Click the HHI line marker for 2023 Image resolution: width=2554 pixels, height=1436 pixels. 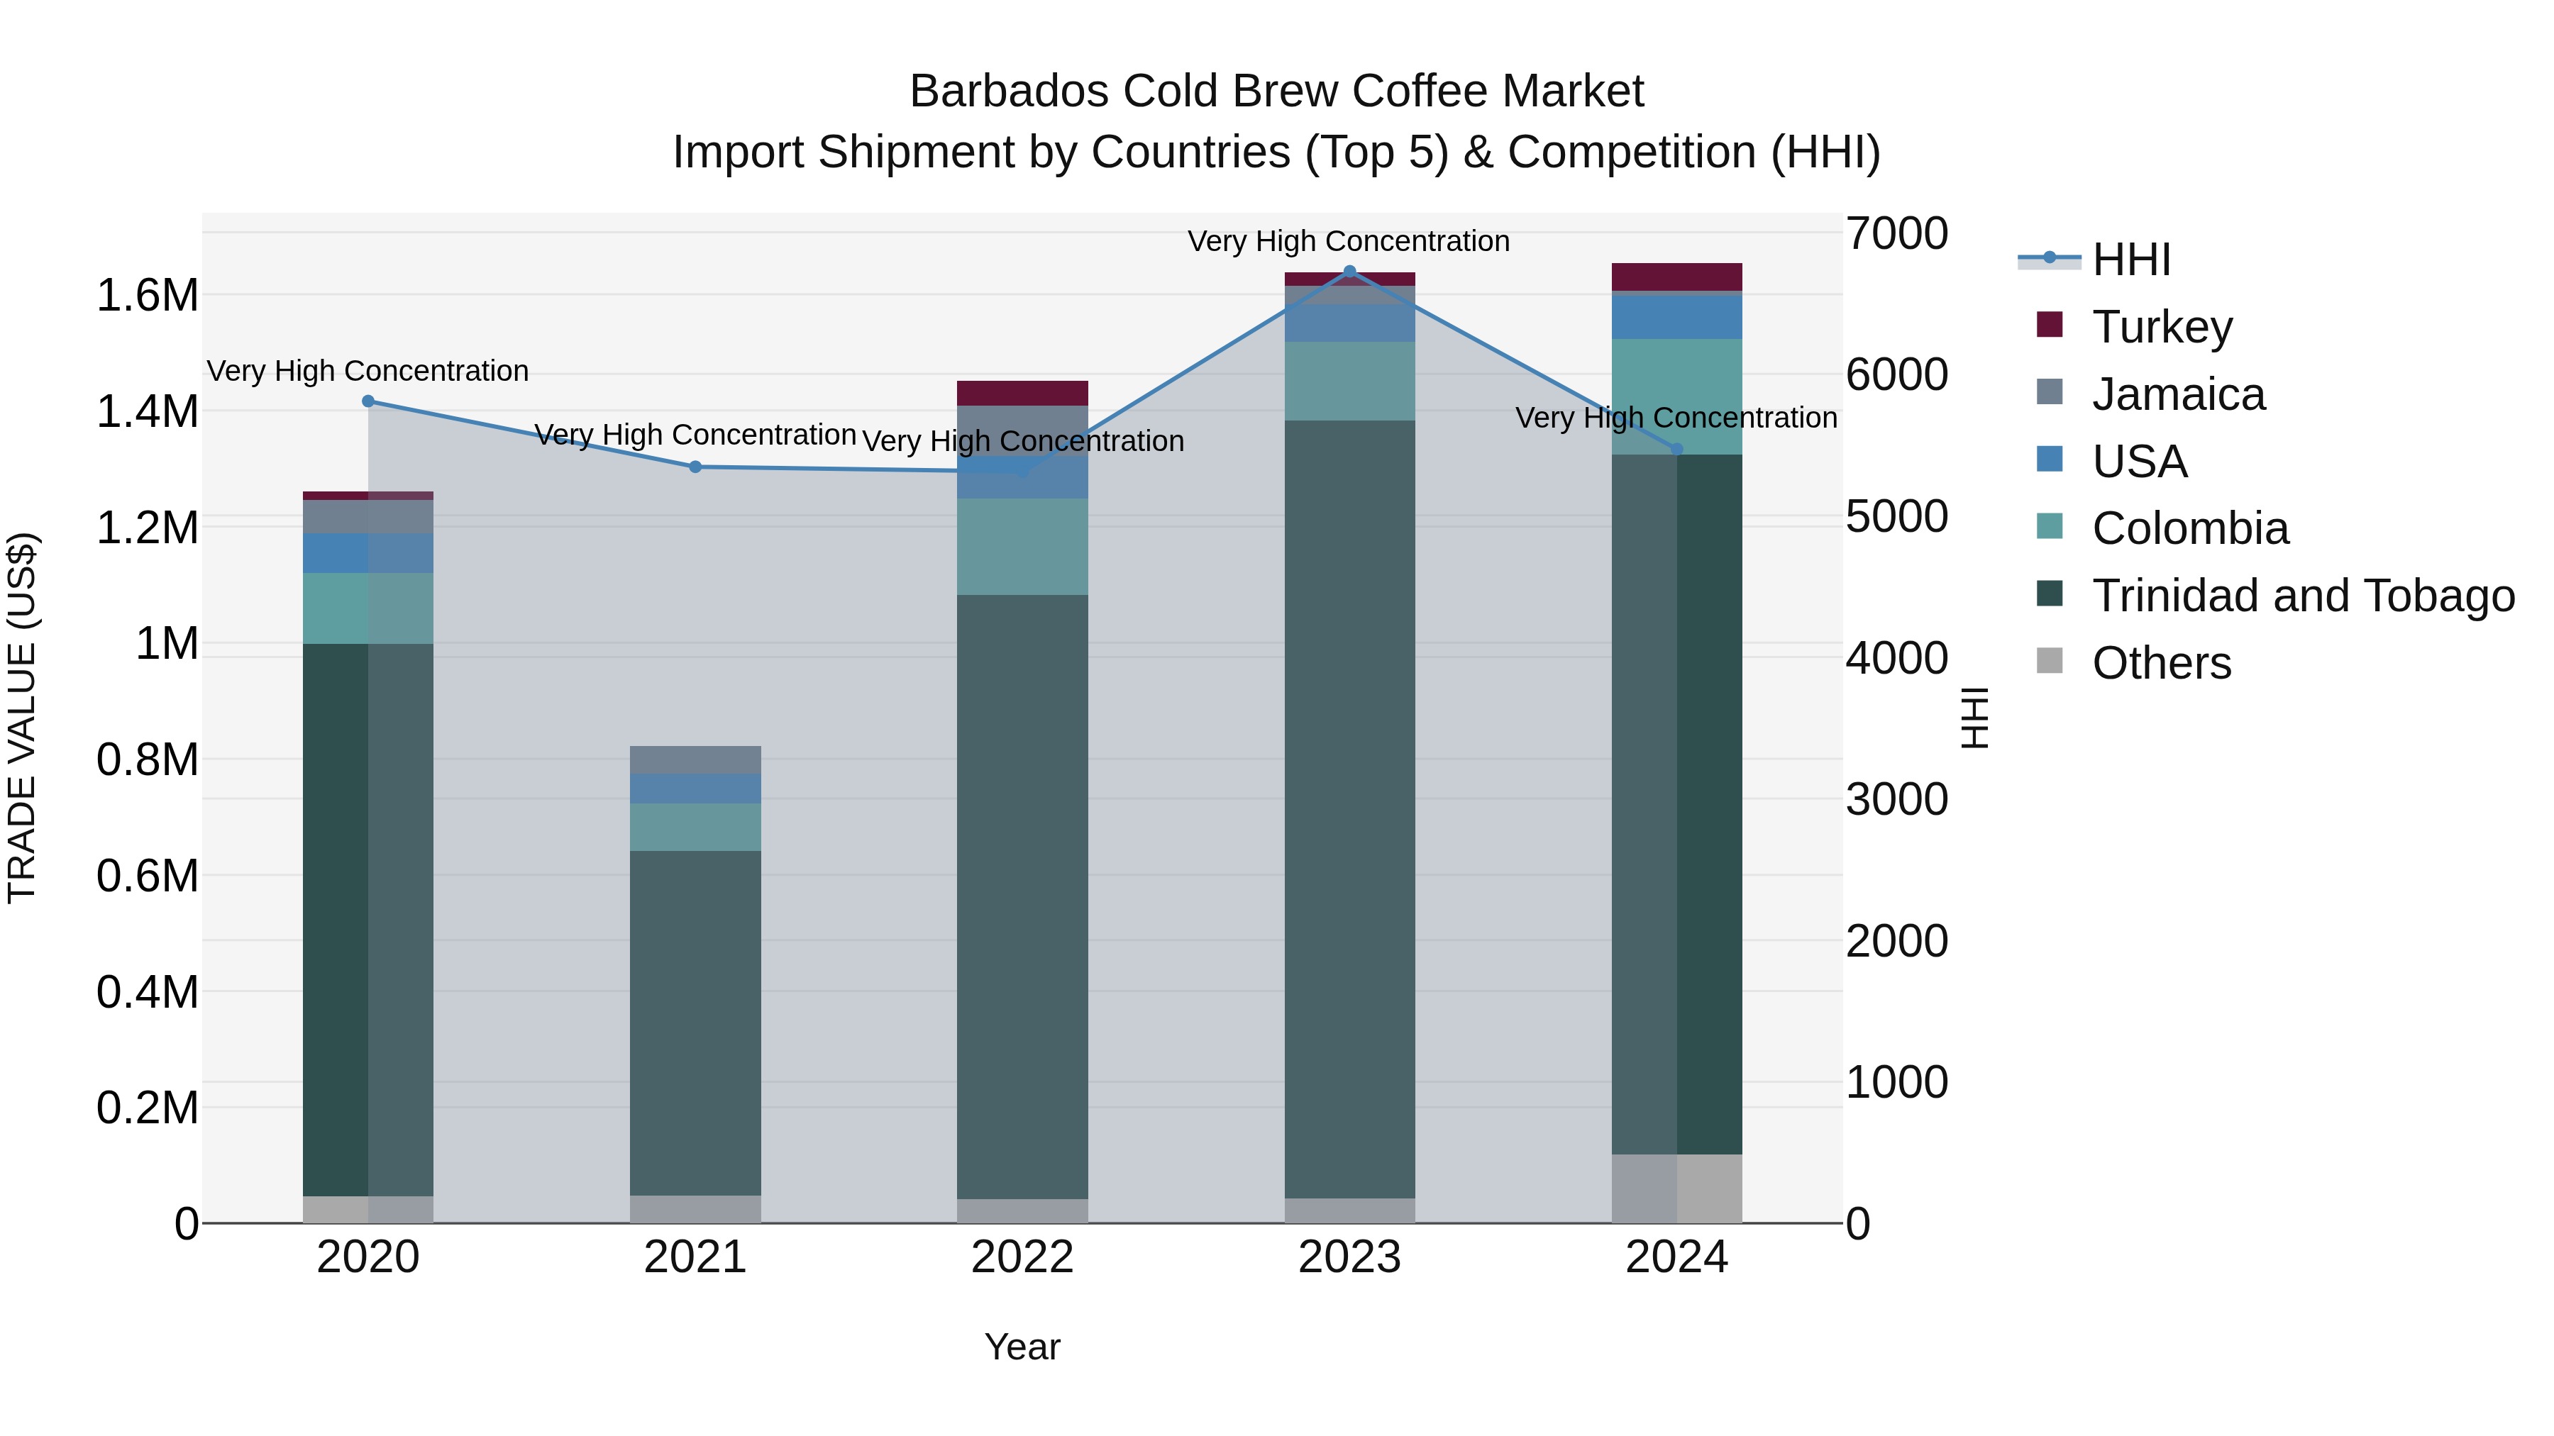coord(1349,272)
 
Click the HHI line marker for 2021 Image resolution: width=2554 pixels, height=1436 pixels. coord(695,467)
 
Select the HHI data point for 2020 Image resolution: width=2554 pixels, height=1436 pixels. coord(367,401)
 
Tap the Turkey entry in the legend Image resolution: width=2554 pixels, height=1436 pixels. coord(2162,327)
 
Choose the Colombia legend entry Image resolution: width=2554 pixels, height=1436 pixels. coord(2189,528)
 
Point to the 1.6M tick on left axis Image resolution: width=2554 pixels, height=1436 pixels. coord(147,295)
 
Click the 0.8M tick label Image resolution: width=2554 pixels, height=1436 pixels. coord(147,760)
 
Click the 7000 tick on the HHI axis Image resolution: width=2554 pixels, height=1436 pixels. coord(1896,234)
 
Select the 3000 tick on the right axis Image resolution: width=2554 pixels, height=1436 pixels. coord(1896,800)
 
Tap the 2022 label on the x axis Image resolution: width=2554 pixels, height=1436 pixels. coord(1022,1257)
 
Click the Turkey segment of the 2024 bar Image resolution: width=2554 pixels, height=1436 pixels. coord(1676,277)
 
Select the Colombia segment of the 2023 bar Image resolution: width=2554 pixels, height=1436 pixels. coord(1349,381)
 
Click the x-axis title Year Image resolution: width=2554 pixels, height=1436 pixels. coord(1022,1347)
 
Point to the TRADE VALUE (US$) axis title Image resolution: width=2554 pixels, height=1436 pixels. coord(22,718)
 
